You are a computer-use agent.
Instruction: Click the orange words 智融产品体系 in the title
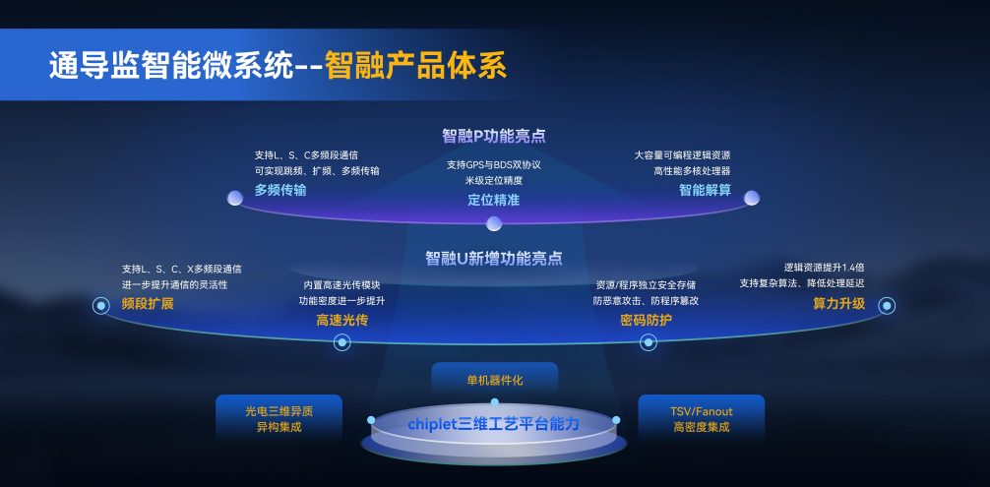pos(416,66)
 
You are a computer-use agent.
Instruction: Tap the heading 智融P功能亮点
pos(494,136)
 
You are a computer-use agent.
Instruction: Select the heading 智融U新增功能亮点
pos(494,258)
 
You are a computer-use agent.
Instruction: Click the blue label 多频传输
pos(280,190)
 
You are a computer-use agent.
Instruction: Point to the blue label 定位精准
pos(494,200)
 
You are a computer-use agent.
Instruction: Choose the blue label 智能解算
pos(706,190)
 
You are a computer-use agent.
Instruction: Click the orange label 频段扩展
pos(148,304)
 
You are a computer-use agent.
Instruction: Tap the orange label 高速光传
pos(342,321)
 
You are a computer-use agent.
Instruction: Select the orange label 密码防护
pos(646,321)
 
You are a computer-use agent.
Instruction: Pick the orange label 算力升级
pos(839,304)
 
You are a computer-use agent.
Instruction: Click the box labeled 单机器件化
pos(494,380)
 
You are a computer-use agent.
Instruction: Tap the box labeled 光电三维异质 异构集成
pos(279,419)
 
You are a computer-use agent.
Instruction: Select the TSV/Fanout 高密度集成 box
pos(702,419)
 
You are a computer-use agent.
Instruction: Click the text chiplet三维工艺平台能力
pos(493,424)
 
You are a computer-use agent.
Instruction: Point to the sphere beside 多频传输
pos(235,198)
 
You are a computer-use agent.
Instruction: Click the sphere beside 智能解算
pos(751,198)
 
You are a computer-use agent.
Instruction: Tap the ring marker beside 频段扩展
pos(101,306)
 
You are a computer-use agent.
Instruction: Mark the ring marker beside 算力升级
pos(887,306)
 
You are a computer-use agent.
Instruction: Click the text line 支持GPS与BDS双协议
pos(494,164)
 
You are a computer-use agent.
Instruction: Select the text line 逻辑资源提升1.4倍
pos(824,267)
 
